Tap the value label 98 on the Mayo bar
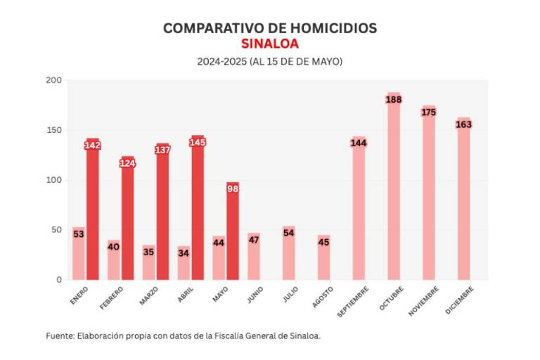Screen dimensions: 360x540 233,188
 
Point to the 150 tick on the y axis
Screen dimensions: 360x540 53,131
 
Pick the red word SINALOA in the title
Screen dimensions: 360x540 270,44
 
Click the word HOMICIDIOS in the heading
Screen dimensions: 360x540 333,28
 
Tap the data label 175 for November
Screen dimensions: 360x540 429,112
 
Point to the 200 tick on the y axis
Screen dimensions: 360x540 53,81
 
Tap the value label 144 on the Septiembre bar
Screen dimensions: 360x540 359,143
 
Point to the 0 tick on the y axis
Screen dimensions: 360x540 58,279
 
